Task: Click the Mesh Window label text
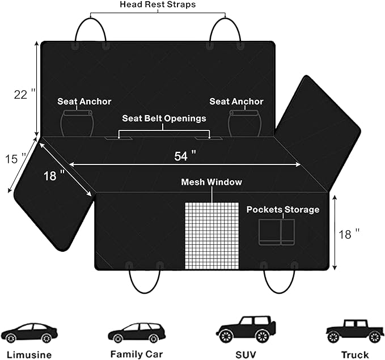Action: click(211, 182)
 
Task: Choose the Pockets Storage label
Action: click(283, 209)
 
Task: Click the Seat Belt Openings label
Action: click(164, 118)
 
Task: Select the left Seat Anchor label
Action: click(84, 101)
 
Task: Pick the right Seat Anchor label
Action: click(236, 101)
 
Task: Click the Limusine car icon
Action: click(29, 333)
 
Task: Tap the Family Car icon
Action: click(136, 333)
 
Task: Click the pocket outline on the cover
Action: click(277, 232)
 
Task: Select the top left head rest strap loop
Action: click(91, 32)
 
